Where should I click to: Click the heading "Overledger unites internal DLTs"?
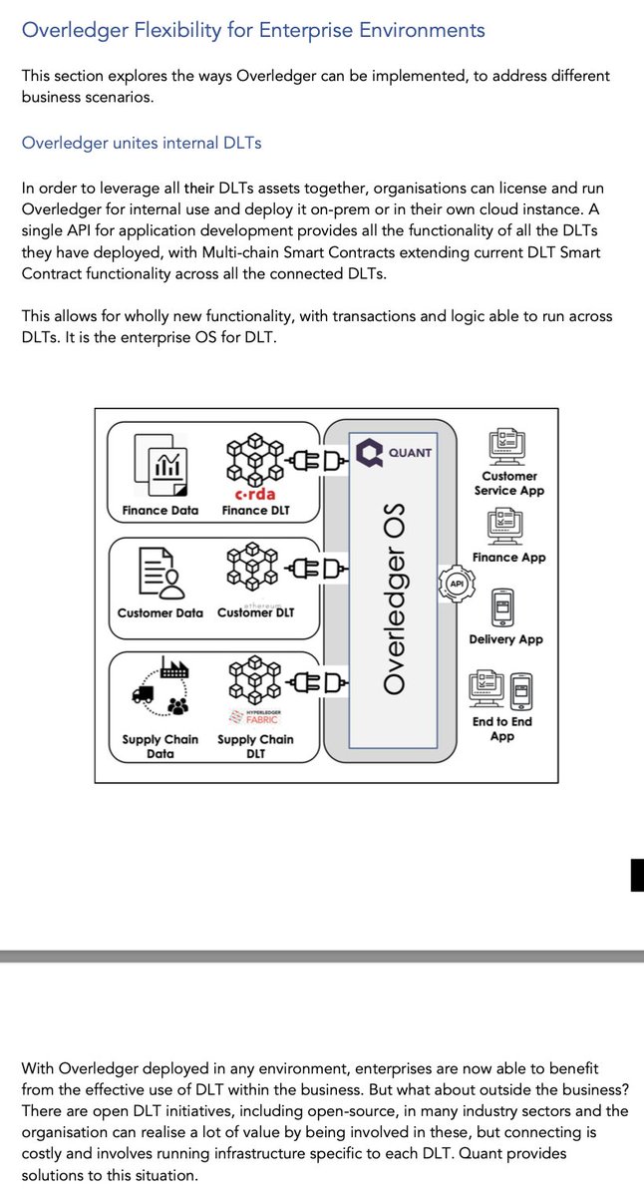click(x=142, y=143)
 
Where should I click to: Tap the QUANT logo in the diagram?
click(x=395, y=453)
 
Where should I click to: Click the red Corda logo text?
click(x=254, y=494)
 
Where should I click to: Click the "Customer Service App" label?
click(x=509, y=483)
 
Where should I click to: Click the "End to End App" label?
click(x=502, y=728)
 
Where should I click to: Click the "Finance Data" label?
click(x=161, y=511)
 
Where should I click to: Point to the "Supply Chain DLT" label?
click(x=255, y=746)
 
